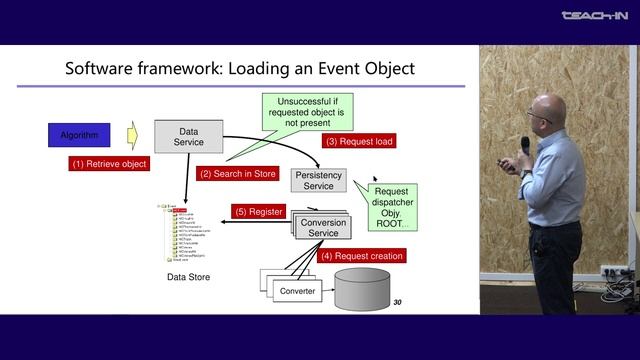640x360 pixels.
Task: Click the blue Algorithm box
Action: click(79, 133)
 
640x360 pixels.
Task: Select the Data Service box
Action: click(189, 136)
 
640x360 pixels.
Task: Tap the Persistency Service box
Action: click(318, 180)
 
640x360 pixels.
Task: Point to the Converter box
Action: click(296, 291)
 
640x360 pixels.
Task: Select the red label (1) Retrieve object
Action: click(108, 163)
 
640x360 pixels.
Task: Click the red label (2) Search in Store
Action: click(237, 173)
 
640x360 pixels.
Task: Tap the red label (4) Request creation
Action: click(361, 256)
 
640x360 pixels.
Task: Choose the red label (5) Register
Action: click(259, 212)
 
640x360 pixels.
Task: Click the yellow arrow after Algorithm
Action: click(131, 133)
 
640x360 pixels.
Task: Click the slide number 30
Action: click(397, 302)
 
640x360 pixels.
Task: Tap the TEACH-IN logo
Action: click(595, 15)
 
